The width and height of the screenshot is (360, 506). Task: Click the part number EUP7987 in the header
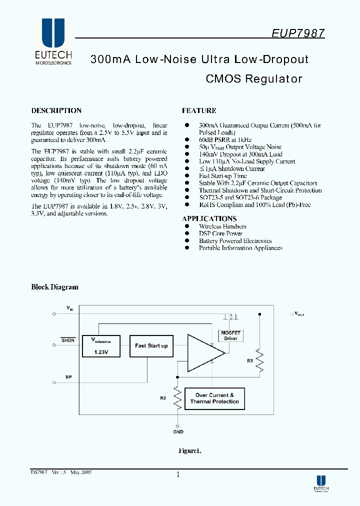point(298,33)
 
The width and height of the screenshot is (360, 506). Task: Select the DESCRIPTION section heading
point(56,110)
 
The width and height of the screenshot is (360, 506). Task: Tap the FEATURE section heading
point(199,110)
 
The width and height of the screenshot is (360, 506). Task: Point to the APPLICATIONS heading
point(209,218)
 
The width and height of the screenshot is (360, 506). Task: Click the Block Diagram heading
point(54,287)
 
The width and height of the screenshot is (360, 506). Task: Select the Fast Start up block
point(151,345)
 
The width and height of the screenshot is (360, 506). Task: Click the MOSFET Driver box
point(230,335)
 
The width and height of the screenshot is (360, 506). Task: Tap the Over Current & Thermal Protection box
point(214,398)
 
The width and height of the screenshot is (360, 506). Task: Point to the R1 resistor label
point(250,359)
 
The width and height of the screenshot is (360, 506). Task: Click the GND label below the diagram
point(178,431)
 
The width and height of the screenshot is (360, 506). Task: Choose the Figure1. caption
point(190,450)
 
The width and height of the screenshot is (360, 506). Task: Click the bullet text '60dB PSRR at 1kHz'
point(225,140)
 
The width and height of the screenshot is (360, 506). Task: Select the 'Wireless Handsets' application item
point(222,226)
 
